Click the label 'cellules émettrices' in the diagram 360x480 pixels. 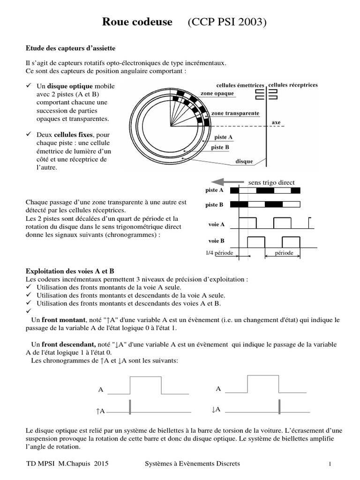[240, 85]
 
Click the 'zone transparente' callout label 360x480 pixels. [235, 113]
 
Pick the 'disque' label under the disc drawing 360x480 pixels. [244, 162]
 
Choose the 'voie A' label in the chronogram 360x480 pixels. [216, 225]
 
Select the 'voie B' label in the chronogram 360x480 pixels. [216, 240]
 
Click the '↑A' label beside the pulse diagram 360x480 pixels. [100, 411]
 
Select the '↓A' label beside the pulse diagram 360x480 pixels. [216, 409]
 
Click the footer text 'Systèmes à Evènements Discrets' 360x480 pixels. [193, 464]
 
